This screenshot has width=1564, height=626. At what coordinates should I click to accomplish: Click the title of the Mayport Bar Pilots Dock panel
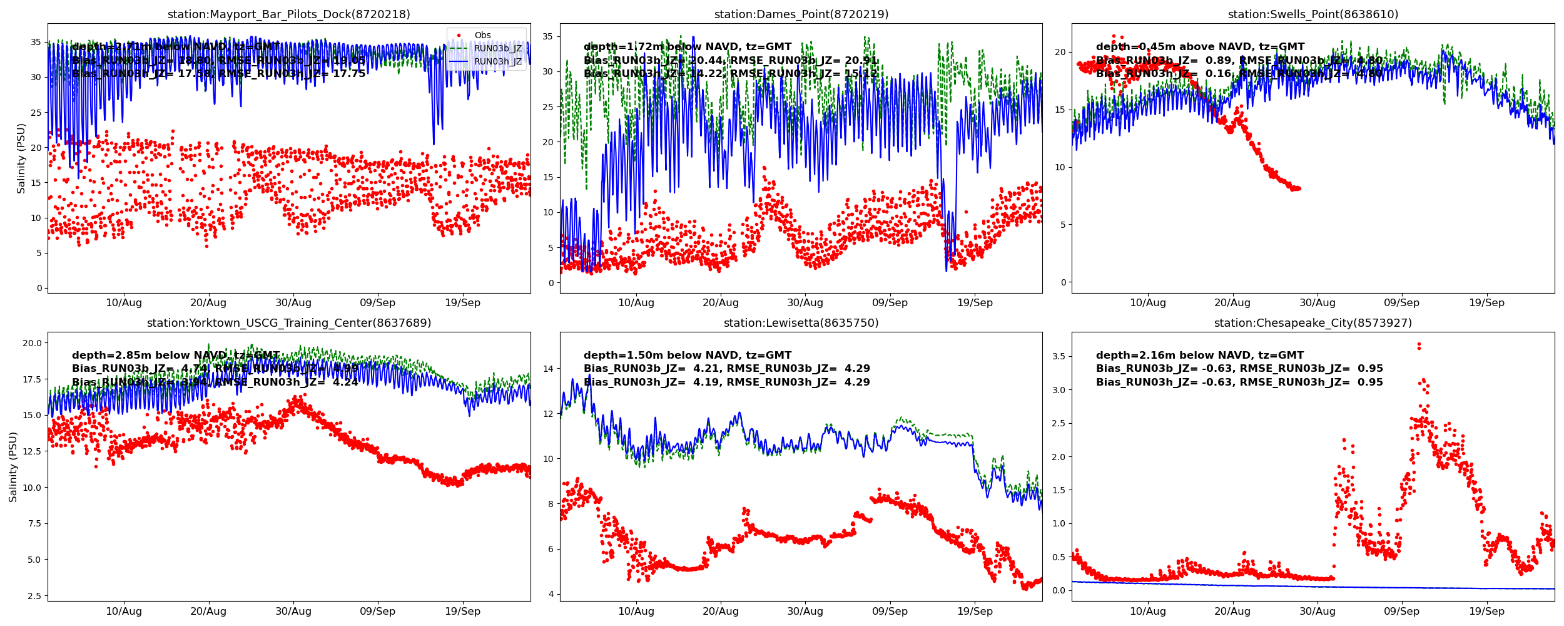[x=288, y=14]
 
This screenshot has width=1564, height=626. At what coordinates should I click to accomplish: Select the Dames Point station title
[x=801, y=14]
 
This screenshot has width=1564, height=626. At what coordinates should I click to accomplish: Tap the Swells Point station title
[x=1313, y=14]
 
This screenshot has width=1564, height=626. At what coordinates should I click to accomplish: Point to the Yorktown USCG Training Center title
[x=288, y=323]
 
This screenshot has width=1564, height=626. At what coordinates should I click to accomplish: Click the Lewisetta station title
[x=801, y=323]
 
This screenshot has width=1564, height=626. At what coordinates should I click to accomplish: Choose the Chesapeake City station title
[x=1313, y=323]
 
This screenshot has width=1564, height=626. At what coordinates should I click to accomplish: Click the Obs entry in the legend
[x=482, y=36]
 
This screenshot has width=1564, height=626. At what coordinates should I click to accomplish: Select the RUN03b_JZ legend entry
[x=497, y=48]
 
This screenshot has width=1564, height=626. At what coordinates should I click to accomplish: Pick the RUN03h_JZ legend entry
[x=497, y=61]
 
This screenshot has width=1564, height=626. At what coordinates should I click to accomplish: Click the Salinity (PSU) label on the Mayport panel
[x=21, y=158]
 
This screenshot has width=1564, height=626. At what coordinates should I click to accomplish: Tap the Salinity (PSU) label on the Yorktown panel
[x=13, y=466]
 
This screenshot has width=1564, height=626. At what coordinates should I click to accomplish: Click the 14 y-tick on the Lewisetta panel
[x=548, y=369]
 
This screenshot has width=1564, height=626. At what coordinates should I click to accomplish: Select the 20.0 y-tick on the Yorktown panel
[x=32, y=343]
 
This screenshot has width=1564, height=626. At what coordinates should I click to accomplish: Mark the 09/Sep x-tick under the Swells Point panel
[x=1401, y=303]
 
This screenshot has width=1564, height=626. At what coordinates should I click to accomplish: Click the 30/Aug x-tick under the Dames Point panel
[x=805, y=303]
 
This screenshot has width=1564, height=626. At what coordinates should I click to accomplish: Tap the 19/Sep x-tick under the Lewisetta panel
[x=974, y=612]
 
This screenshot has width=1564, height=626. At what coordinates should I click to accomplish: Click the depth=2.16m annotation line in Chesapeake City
[x=1199, y=356]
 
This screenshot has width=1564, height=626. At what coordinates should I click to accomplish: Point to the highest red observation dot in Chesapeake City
[x=1419, y=344]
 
